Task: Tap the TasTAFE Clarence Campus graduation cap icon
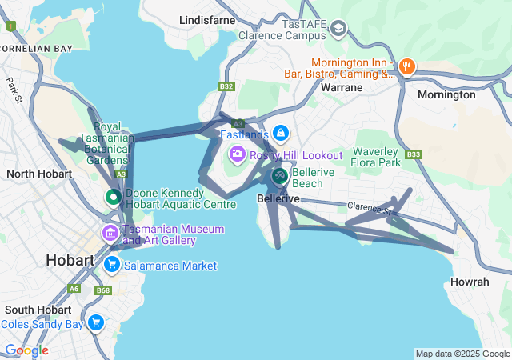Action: click(x=338, y=30)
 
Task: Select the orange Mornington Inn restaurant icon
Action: click(x=406, y=66)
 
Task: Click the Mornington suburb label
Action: click(x=446, y=94)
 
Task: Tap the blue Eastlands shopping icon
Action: click(x=280, y=133)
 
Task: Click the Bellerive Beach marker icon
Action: click(x=279, y=175)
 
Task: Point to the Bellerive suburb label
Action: click(x=278, y=198)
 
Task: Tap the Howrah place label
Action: click(x=470, y=282)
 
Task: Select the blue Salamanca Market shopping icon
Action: click(x=111, y=265)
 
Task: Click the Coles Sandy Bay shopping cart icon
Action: click(x=96, y=323)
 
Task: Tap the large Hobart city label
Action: click(x=70, y=260)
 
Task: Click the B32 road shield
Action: click(x=226, y=86)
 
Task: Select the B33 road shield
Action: click(x=413, y=154)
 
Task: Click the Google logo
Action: click(x=26, y=350)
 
